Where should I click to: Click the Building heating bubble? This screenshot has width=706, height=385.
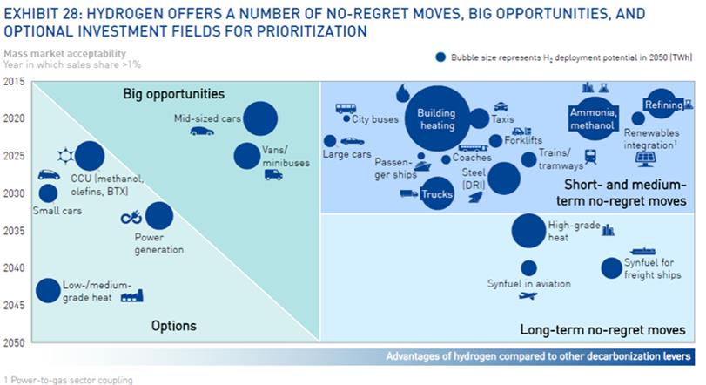pyautogui.click(x=437, y=118)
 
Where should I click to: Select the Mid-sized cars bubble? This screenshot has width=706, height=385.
pyautogui.click(x=260, y=118)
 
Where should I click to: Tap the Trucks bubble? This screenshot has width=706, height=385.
pyautogui.click(x=437, y=193)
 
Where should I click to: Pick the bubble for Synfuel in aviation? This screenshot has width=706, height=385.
pyautogui.click(x=528, y=268)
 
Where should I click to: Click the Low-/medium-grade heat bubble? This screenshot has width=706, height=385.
pyautogui.click(x=48, y=290)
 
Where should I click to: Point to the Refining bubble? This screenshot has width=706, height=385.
pyautogui.click(x=661, y=104)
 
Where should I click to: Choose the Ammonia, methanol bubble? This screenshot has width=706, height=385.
pyautogui.click(x=593, y=118)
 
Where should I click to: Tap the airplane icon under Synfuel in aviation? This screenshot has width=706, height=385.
pyautogui.click(x=528, y=296)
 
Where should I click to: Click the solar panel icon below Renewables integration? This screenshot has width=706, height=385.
pyautogui.click(x=645, y=159)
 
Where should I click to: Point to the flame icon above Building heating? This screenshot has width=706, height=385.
pyautogui.click(x=401, y=93)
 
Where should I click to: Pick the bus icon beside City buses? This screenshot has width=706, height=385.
pyautogui.click(x=346, y=109)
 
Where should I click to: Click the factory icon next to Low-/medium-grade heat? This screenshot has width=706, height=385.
pyautogui.click(x=132, y=296)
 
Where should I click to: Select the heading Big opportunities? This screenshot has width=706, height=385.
pyautogui.click(x=174, y=94)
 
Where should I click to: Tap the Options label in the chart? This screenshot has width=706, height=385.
pyautogui.click(x=174, y=326)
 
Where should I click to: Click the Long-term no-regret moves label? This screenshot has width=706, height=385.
pyautogui.click(x=602, y=329)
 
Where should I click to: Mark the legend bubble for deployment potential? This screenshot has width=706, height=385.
pyautogui.click(x=440, y=57)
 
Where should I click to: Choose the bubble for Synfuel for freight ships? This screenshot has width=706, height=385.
pyautogui.click(x=611, y=268)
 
